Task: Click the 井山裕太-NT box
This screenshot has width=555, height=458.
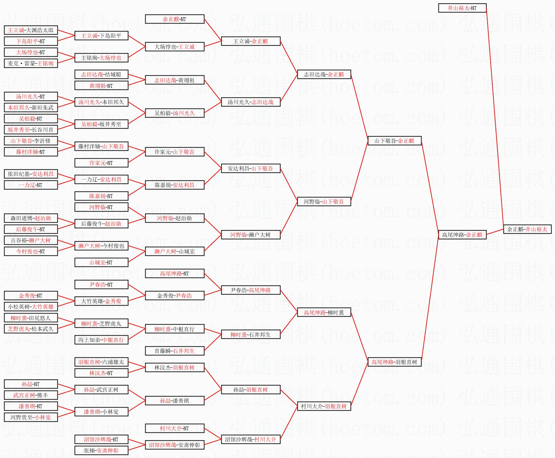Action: point(462,8)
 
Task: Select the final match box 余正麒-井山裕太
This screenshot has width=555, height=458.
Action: point(527,229)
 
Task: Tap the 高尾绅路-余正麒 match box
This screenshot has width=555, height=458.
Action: point(462,235)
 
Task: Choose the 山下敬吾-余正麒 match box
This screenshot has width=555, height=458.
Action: point(394,141)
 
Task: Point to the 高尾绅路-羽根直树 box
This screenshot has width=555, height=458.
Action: point(394,362)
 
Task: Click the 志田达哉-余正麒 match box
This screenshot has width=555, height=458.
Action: point(324,74)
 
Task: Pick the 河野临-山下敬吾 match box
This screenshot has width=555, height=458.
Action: point(324,202)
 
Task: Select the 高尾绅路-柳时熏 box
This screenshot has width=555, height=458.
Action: point(324,312)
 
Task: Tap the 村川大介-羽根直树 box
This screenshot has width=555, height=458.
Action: point(324,406)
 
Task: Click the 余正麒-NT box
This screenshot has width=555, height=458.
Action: point(174,19)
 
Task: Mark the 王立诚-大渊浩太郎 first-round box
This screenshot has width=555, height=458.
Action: point(31,30)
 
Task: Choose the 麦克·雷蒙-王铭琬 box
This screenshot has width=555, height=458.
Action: point(31,63)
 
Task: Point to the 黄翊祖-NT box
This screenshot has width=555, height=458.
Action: point(101,85)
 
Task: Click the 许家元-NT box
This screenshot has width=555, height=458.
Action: point(101,163)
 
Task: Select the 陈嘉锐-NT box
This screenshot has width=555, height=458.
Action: point(101,196)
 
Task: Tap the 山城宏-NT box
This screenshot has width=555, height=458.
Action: point(101,262)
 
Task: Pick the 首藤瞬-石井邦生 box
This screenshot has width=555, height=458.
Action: point(174,351)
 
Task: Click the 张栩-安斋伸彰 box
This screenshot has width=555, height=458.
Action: point(101,450)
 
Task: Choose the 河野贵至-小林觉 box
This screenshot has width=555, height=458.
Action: point(31,417)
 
